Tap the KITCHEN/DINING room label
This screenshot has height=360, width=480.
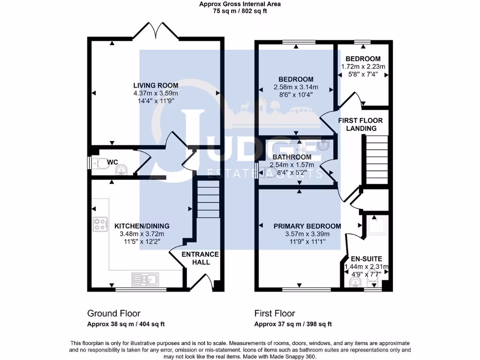(142, 226)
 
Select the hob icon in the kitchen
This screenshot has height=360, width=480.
(100, 225)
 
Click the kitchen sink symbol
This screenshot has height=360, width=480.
(146, 279)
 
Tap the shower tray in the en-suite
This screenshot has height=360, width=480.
(376, 226)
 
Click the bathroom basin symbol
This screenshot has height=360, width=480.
(323, 146)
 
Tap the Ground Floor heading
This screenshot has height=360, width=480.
(113, 313)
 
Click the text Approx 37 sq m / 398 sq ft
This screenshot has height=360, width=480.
(293, 324)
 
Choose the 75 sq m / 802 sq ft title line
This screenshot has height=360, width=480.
(240, 11)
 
